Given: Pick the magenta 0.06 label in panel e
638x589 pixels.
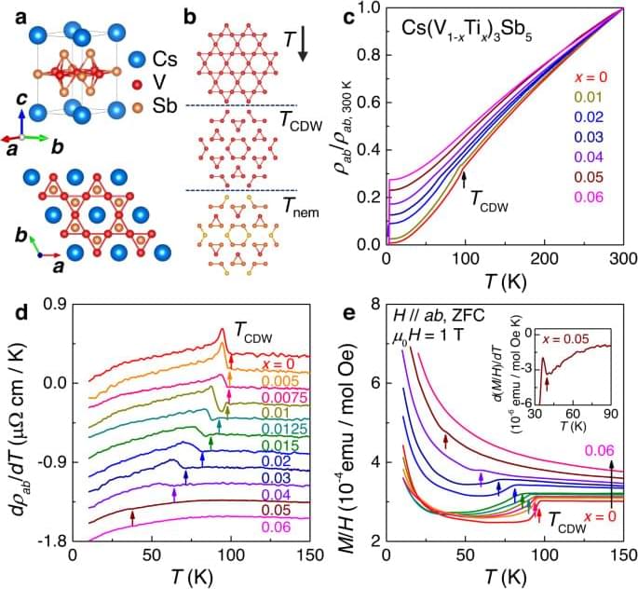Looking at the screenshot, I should (598, 451).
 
